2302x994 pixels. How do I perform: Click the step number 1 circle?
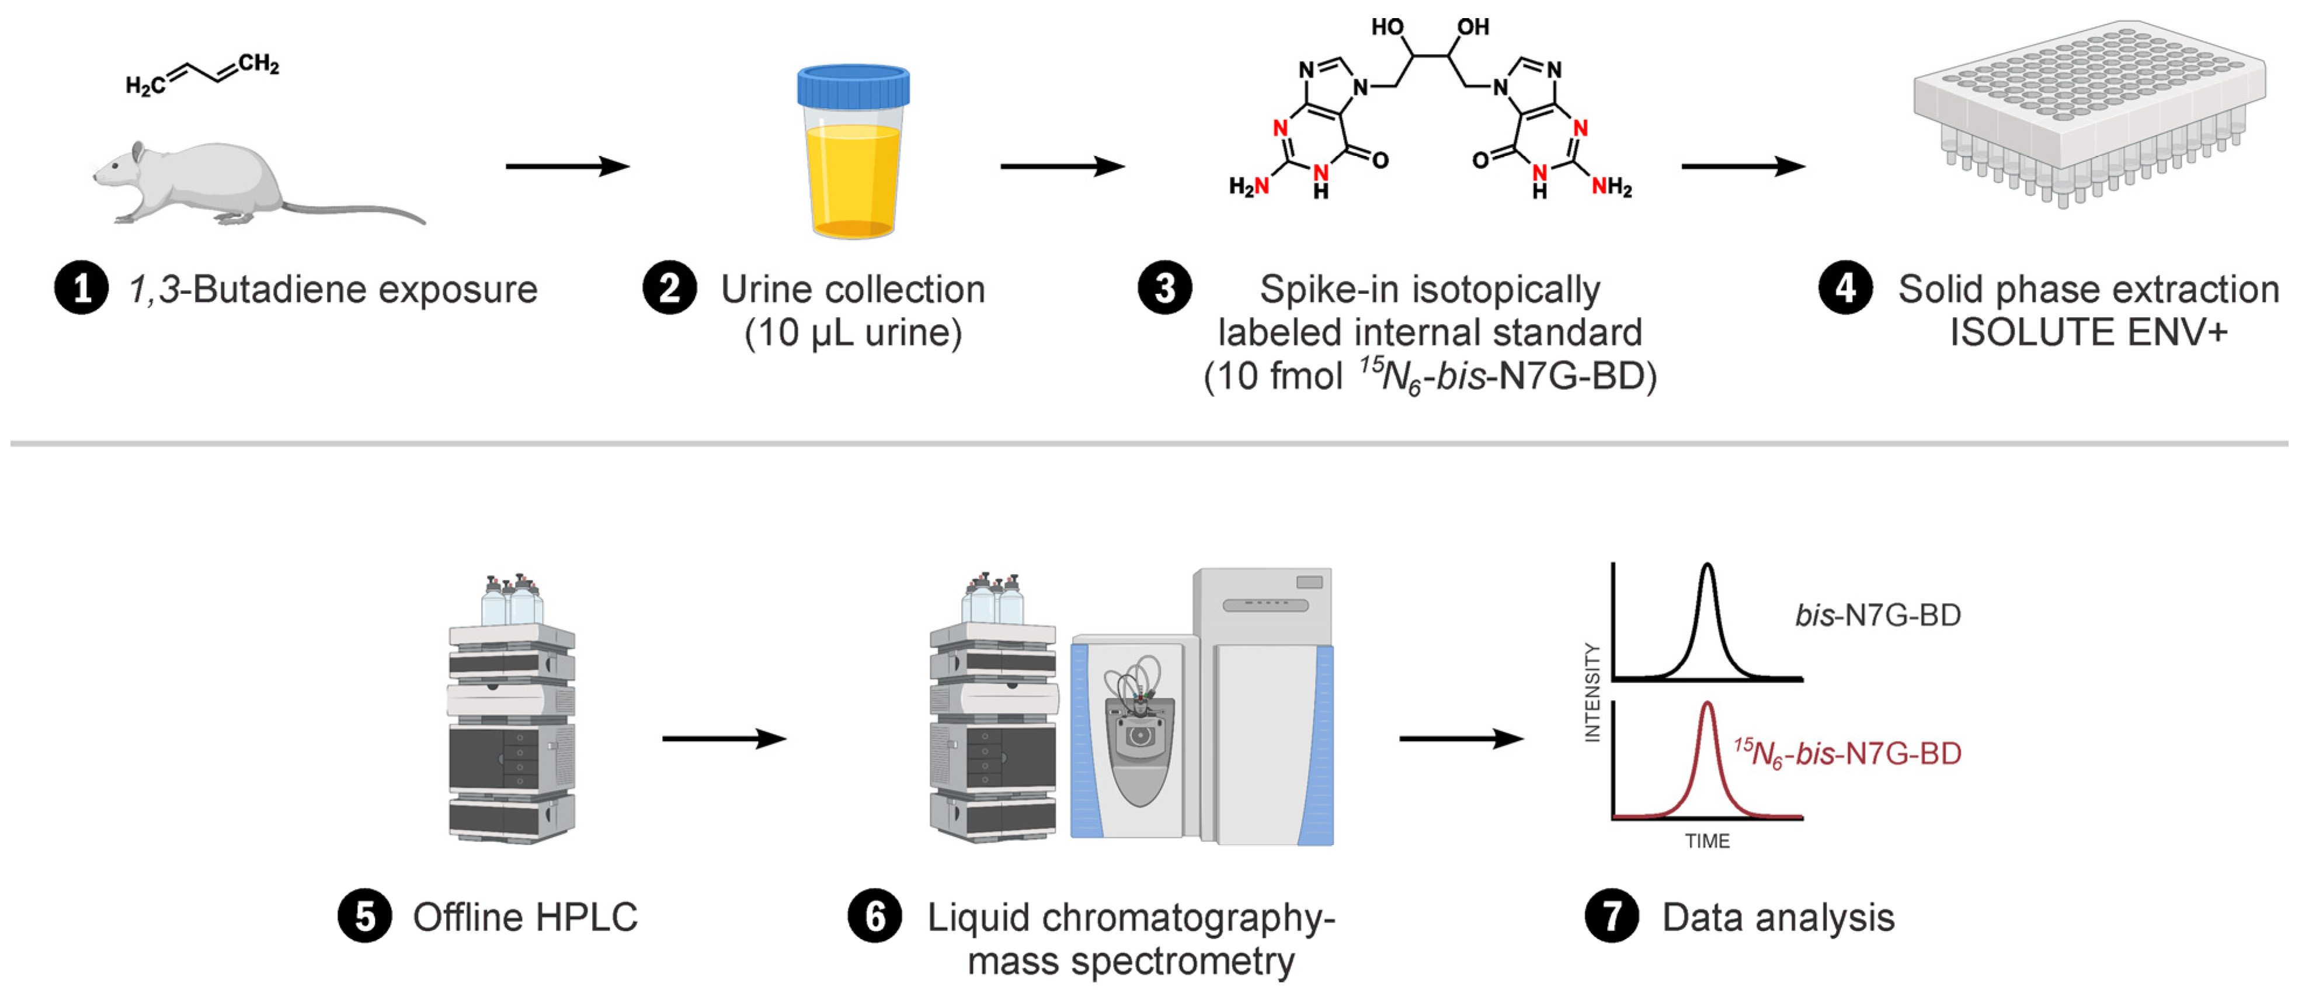[81, 289]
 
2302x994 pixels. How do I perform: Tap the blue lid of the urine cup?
[853, 86]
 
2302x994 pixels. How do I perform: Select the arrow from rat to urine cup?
[568, 166]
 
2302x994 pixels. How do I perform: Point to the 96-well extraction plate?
[2089, 112]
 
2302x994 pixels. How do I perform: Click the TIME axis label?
[1707, 841]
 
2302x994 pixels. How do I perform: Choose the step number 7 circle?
[1611, 916]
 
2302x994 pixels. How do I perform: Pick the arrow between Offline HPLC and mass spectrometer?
[724, 738]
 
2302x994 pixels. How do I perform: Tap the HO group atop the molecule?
[1388, 27]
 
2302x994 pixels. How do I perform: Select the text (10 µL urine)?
[853, 332]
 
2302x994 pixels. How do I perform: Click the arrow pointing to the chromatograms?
[1461, 738]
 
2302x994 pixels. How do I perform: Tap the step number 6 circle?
[875, 916]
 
